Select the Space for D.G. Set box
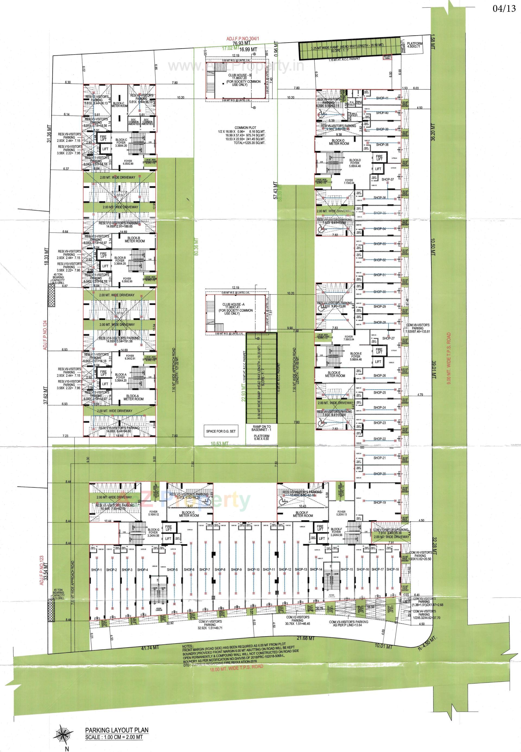click(x=220, y=431)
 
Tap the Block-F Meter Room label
click(x=303, y=514)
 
